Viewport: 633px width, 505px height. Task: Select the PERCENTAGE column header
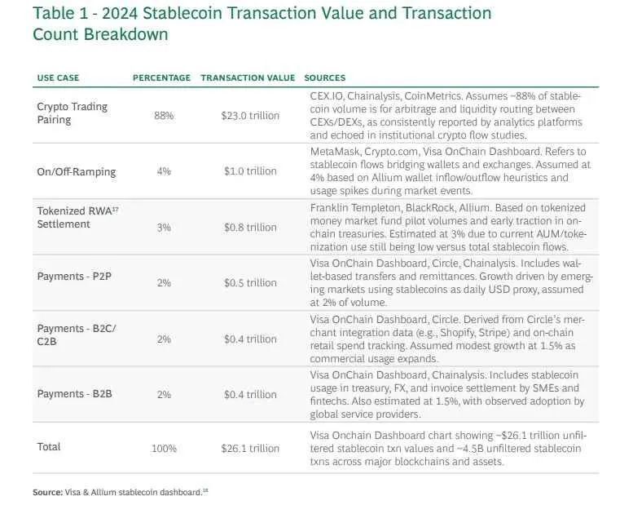click(x=161, y=78)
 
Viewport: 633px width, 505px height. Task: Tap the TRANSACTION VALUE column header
click(x=248, y=78)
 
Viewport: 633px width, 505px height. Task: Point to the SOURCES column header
click(x=325, y=78)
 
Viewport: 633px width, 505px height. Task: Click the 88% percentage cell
click(x=164, y=116)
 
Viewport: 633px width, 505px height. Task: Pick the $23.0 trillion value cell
click(x=250, y=116)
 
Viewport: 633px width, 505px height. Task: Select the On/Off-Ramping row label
click(x=77, y=171)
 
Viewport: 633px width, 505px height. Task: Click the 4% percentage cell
click(x=164, y=171)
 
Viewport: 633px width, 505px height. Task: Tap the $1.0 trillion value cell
click(x=250, y=171)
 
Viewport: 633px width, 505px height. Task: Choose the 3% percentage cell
click(x=164, y=228)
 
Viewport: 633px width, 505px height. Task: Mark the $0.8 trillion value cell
click(x=250, y=228)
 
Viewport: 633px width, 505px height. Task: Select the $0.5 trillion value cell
click(x=250, y=283)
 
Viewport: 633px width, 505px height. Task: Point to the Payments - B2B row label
click(x=75, y=394)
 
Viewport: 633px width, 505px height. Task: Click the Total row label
click(x=49, y=446)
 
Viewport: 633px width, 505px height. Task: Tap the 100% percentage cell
click(x=164, y=449)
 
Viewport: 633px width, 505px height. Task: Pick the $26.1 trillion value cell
click(x=250, y=449)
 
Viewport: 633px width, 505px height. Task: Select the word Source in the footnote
click(x=46, y=492)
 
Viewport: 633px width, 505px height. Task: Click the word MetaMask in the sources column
click(x=332, y=152)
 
